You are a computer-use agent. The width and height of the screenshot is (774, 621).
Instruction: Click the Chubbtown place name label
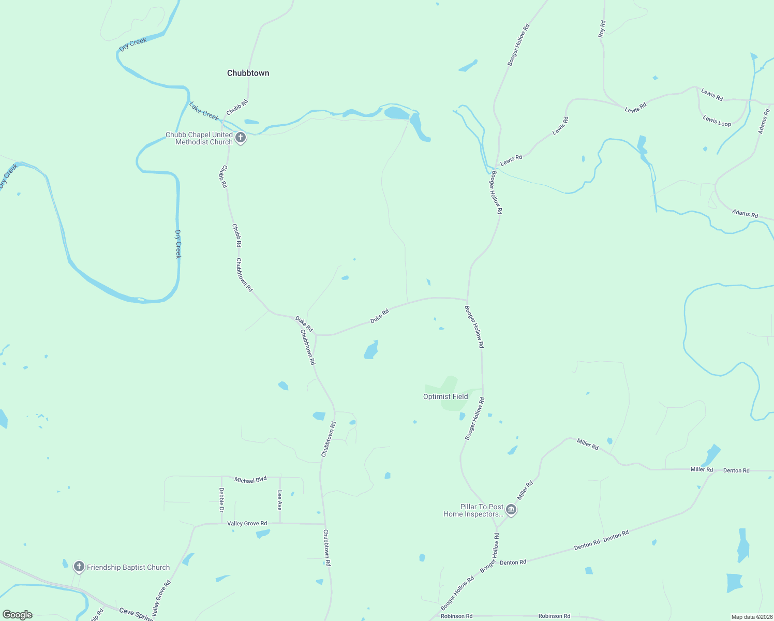[248, 73]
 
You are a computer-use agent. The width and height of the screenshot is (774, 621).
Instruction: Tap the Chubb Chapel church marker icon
[241, 138]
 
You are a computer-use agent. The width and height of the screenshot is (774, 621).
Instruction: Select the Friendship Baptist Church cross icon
[79, 567]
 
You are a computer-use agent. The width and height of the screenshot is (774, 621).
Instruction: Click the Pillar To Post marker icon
[511, 510]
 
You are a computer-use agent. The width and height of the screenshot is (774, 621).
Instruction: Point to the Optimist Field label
[445, 397]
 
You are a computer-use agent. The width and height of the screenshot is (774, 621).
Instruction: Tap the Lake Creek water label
[204, 110]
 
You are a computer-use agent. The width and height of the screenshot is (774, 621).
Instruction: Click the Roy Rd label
[602, 29]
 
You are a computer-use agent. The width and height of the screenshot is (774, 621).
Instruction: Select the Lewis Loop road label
[717, 121]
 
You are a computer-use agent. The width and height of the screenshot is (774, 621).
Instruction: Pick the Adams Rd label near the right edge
[745, 213]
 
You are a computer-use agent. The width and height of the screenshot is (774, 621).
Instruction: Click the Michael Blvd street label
[250, 480]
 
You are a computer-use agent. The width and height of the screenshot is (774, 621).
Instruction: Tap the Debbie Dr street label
[221, 500]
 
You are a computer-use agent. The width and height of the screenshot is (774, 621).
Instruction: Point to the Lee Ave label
[280, 500]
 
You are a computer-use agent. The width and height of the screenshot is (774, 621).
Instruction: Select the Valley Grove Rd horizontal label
[247, 524]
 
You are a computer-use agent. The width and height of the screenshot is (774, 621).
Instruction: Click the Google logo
[18, 615]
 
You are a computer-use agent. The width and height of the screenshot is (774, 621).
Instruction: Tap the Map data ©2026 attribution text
[751, 617]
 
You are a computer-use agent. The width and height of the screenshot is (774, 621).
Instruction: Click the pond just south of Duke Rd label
[371, 350]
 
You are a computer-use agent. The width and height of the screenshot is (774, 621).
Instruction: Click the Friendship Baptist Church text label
[128, 568]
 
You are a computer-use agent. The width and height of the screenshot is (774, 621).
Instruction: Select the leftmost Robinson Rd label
[456, 616]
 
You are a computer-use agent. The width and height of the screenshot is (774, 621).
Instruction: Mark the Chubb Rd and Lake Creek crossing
[224, 122]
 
